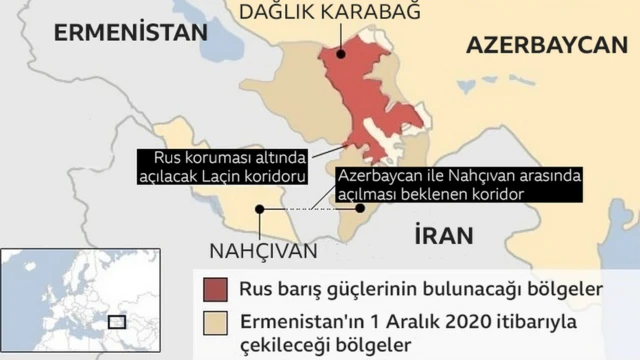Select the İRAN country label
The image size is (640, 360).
[441, 235]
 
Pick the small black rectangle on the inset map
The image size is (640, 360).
[117, 322]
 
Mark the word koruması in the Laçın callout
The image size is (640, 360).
[217, 158]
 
